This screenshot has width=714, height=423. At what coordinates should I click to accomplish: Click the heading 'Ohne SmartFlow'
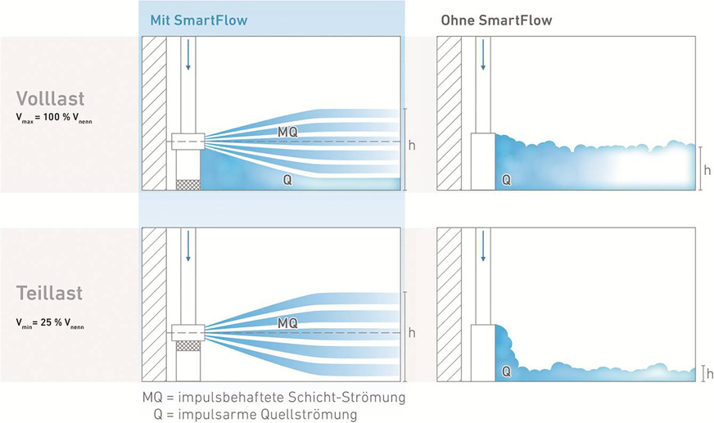pos(486,19)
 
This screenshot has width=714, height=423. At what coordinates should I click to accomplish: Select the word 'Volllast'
pos(50,99)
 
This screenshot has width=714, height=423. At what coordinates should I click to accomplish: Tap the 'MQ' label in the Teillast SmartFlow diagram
pos(287,323)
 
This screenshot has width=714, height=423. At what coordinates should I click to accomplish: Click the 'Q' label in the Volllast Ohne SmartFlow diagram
pos(506,178)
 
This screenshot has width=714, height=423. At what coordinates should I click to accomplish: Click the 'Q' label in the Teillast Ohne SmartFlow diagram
pos(506,371)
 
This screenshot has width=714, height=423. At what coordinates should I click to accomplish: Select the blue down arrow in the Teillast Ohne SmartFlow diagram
pos(483,246)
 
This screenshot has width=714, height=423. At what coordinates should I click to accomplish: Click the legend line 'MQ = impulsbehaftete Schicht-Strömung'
pos(274,398)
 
